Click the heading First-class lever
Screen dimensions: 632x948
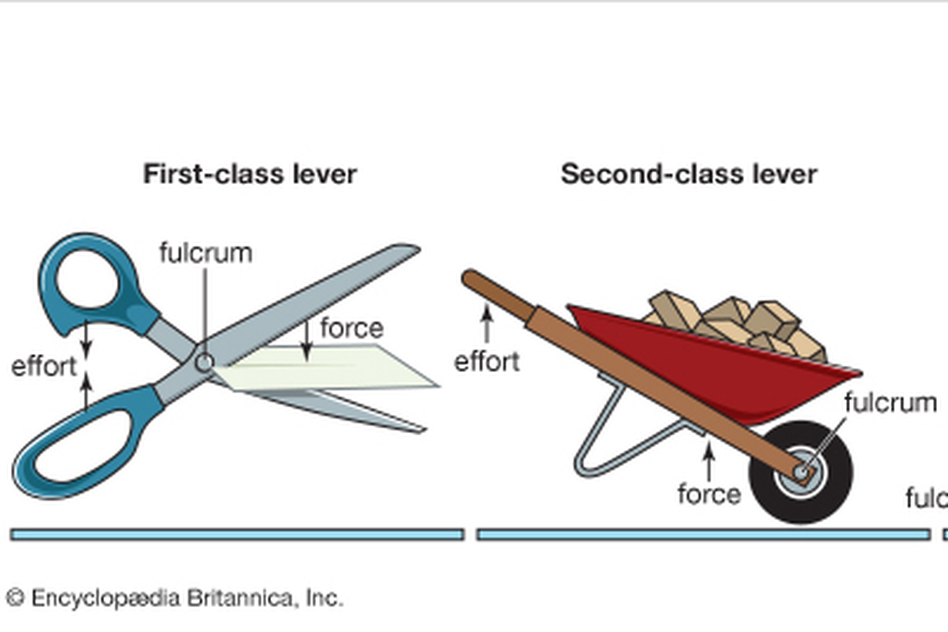(250, 174)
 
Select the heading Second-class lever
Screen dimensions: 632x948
(689, 174)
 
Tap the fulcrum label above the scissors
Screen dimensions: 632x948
(205, 253)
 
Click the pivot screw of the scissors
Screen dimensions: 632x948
(205, 363)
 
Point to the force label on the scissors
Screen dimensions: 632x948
(352, 327)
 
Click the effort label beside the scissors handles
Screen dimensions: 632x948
(44, 366)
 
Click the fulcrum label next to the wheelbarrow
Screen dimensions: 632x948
(890, 402)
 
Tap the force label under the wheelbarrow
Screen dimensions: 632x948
(709, 494)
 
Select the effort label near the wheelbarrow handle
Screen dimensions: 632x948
(487, 362)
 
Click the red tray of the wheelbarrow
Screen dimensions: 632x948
(711, 363)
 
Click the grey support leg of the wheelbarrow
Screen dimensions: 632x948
(600, 442)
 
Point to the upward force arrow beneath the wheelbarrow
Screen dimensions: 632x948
(709, 462)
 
